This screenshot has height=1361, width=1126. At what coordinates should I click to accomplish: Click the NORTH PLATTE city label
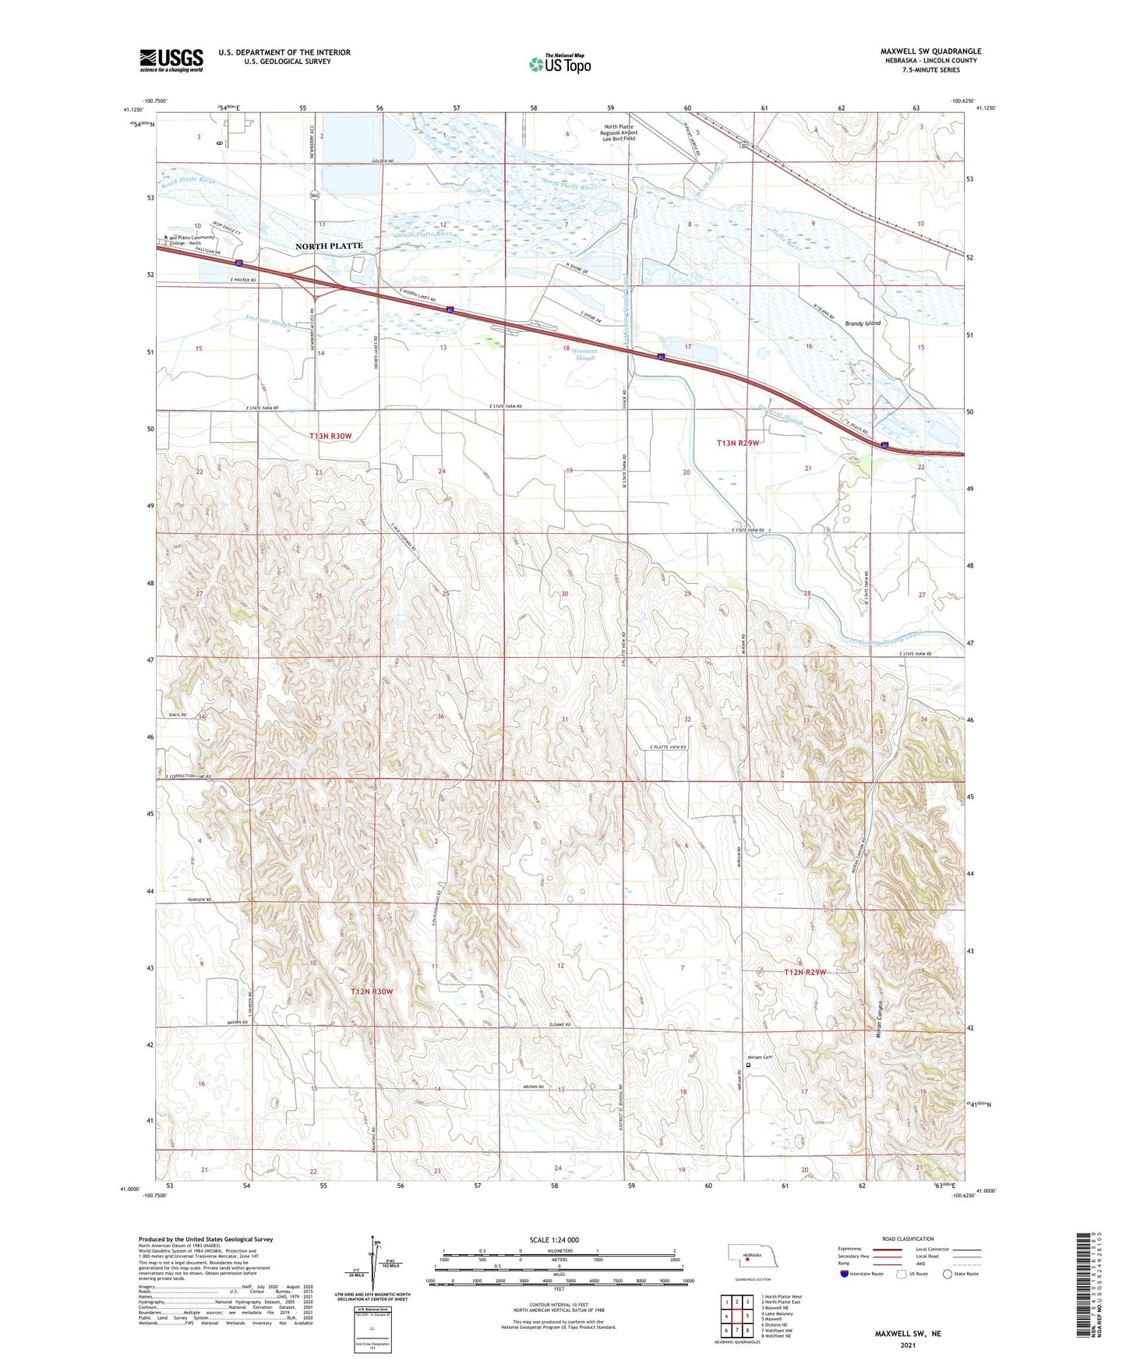[329, 246]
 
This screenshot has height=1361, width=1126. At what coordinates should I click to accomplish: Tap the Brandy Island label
[863, 323]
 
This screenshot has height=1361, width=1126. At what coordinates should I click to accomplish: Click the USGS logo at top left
[171, 60]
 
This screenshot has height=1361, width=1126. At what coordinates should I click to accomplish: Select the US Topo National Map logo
[559, 64]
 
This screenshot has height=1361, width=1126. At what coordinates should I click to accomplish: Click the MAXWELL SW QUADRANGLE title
[930, 51]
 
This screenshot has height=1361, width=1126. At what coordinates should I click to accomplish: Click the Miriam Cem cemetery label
[760, 1057]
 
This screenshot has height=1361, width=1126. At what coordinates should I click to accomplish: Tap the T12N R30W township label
[372, 992]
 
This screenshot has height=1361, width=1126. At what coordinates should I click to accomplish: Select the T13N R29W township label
[737, 443]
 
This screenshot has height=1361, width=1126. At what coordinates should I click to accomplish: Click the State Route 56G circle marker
[315, 195]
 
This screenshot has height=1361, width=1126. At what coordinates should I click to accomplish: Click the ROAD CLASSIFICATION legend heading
[908, 1239]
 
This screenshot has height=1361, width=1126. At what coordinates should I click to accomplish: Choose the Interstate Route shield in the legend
[845, 1274]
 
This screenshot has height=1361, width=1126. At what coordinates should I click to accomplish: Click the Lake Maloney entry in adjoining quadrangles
[778, 1313]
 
